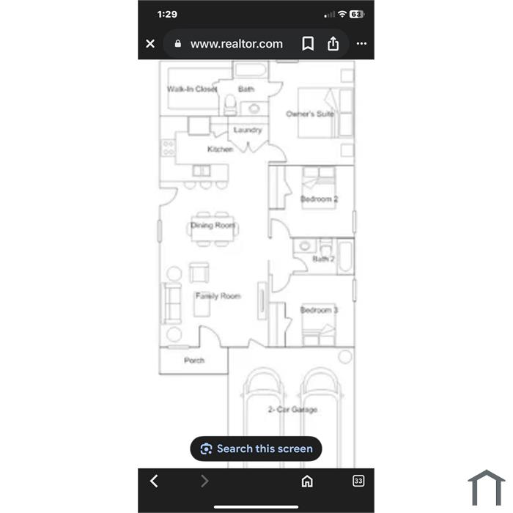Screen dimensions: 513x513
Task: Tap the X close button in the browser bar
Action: [x=150, y=43]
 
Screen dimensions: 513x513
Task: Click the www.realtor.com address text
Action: [x=237, y=44]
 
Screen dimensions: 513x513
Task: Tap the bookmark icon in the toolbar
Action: [x=308, y=43]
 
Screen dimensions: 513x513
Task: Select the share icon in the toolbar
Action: [x=333, y=43]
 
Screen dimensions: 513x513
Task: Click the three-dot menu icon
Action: [x=361, y=43]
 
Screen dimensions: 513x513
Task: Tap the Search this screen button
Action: [x=256, y=449]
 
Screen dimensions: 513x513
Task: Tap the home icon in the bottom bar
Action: [x=307, y=481]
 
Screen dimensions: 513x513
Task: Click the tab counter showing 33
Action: [x=358, y=481]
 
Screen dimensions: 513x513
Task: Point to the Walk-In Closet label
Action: [x=192, y=89]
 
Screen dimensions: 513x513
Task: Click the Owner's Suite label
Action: [x=310, y=114]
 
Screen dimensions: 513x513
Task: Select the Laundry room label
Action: [x=248, y=130]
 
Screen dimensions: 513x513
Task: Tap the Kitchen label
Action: [x=220, y=150]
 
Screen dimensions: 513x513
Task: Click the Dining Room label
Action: [x=213, y=225]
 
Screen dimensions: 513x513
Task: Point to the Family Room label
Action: [x=218, y=296]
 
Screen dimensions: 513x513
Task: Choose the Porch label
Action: [x=194, y=361]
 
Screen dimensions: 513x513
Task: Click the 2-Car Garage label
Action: [x=292, y=409]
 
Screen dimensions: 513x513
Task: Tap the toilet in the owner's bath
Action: [x=230, y=105]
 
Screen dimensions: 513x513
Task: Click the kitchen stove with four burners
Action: [x=168, y=148]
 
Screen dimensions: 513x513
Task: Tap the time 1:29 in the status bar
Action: [x=167, y=14]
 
